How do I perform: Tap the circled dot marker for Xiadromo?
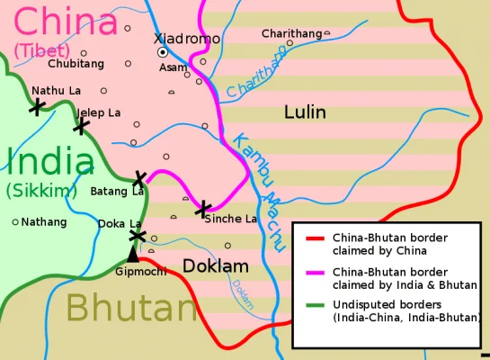163,53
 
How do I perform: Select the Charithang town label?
291,33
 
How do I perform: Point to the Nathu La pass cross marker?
37,107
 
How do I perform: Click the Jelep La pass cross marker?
81,125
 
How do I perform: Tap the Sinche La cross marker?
204,208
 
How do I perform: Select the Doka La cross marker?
137,236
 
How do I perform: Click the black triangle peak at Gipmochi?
133,255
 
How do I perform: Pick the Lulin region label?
305,112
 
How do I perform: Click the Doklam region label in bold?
216,266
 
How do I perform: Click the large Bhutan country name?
130,308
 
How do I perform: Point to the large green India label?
49,162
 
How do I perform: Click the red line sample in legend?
315,238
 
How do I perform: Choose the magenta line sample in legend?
315,272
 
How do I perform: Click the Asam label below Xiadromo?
173,67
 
